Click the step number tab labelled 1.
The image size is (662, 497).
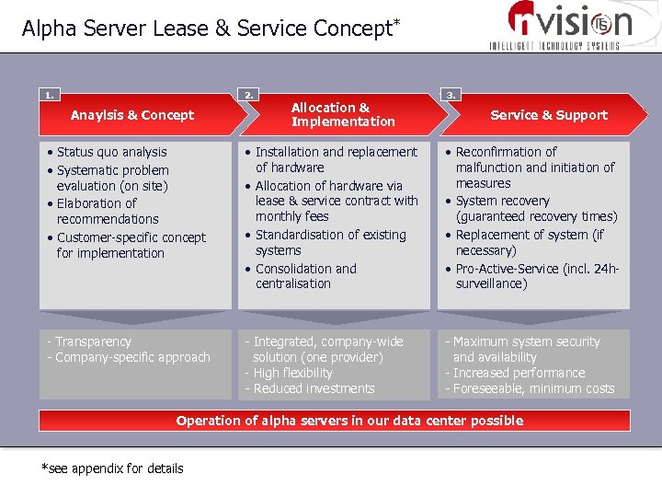point(49,94)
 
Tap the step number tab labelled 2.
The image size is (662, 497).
point(249,94)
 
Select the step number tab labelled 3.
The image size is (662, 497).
point(451,94)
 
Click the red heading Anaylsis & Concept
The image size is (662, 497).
point(132,115)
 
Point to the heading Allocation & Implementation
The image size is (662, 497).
point(342,114)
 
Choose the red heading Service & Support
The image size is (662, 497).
point(549,115)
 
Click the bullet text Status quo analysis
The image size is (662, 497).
point(111,152)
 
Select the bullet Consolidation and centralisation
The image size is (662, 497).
point(305,276)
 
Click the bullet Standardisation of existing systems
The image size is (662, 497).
point(330,242)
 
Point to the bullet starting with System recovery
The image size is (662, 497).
point(536,209)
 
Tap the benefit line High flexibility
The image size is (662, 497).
point(292,373)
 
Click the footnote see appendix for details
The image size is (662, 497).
point(112,468)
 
